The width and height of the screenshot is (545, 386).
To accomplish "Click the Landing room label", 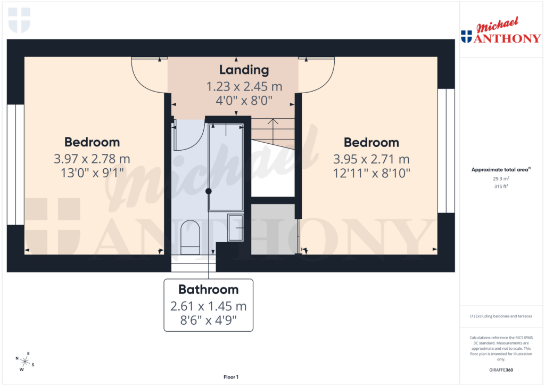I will [244, 70].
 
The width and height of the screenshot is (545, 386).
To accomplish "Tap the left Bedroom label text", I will [92, 142].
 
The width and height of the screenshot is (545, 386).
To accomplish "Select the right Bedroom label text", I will [371, 143].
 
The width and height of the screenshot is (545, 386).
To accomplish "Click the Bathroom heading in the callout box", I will [208, 290].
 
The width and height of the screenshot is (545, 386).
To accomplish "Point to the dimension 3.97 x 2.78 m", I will [92, 159].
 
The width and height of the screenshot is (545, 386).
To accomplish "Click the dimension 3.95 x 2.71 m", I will [371, 159].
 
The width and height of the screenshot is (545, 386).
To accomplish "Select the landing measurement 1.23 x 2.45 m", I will [244, 86].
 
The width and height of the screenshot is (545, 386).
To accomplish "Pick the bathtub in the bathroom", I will [226, 167].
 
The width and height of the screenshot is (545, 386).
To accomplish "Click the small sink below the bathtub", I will [235, 227].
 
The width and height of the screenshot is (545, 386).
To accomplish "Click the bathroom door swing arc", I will [191, 136].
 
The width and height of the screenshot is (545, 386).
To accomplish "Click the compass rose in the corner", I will [25, 361].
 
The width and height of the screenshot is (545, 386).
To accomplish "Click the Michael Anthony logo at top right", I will [500, 33].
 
